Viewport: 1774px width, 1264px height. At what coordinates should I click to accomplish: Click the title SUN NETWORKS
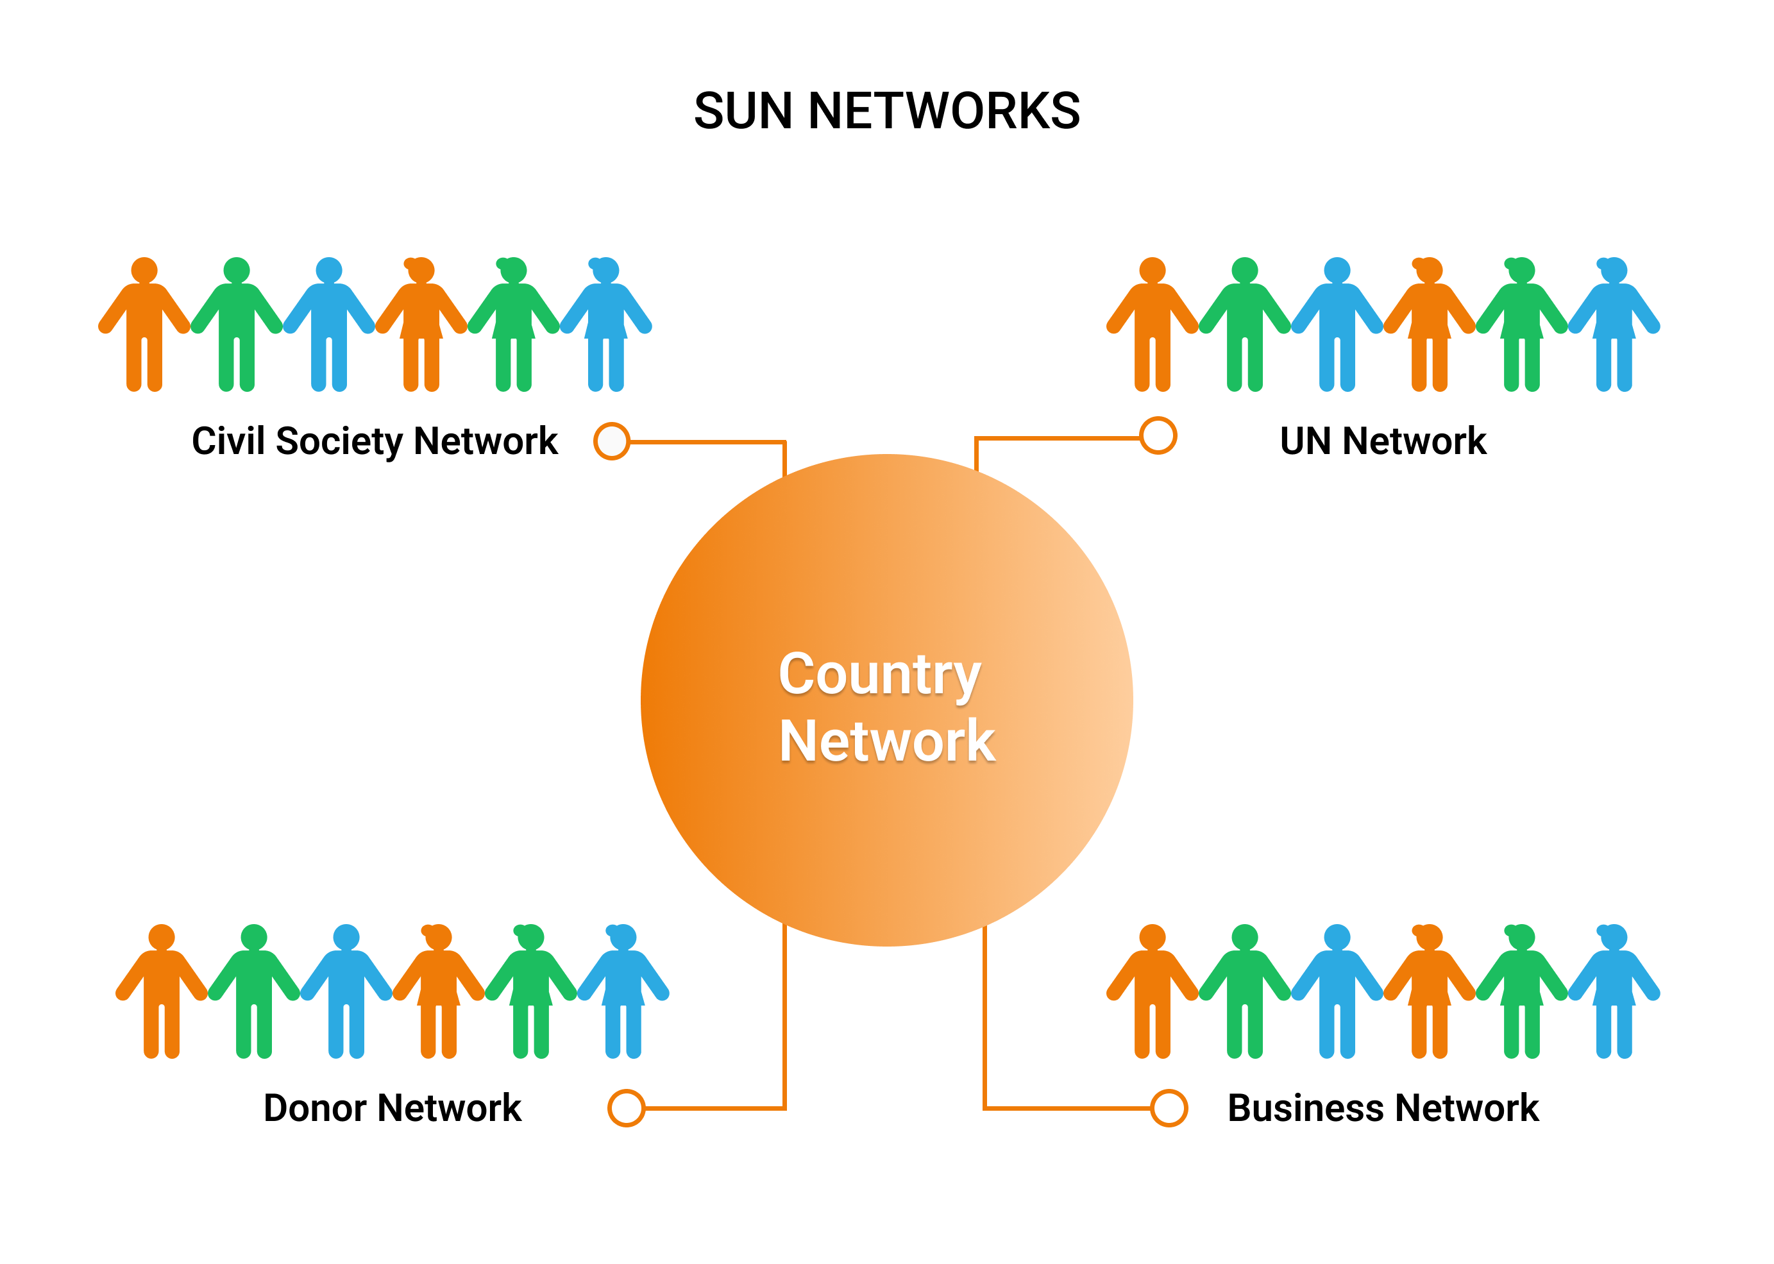(x=886, y=110)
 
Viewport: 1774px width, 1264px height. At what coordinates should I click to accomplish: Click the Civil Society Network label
(x=375, y=441)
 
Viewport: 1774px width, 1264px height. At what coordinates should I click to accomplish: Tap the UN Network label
(x=1383, y=441)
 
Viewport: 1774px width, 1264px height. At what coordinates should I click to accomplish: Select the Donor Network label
(x=393, y=1108)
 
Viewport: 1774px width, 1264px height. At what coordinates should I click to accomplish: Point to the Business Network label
(x=1383, y=1108)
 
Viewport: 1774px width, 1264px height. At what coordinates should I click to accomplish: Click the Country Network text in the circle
(x=886, y=707)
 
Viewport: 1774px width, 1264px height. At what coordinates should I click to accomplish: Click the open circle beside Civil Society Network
(x=611, y=441)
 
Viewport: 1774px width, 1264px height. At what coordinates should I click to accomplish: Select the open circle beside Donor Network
(x=626, y=1108)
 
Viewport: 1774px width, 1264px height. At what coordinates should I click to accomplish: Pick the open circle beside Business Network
(x=1169, y=1108)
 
